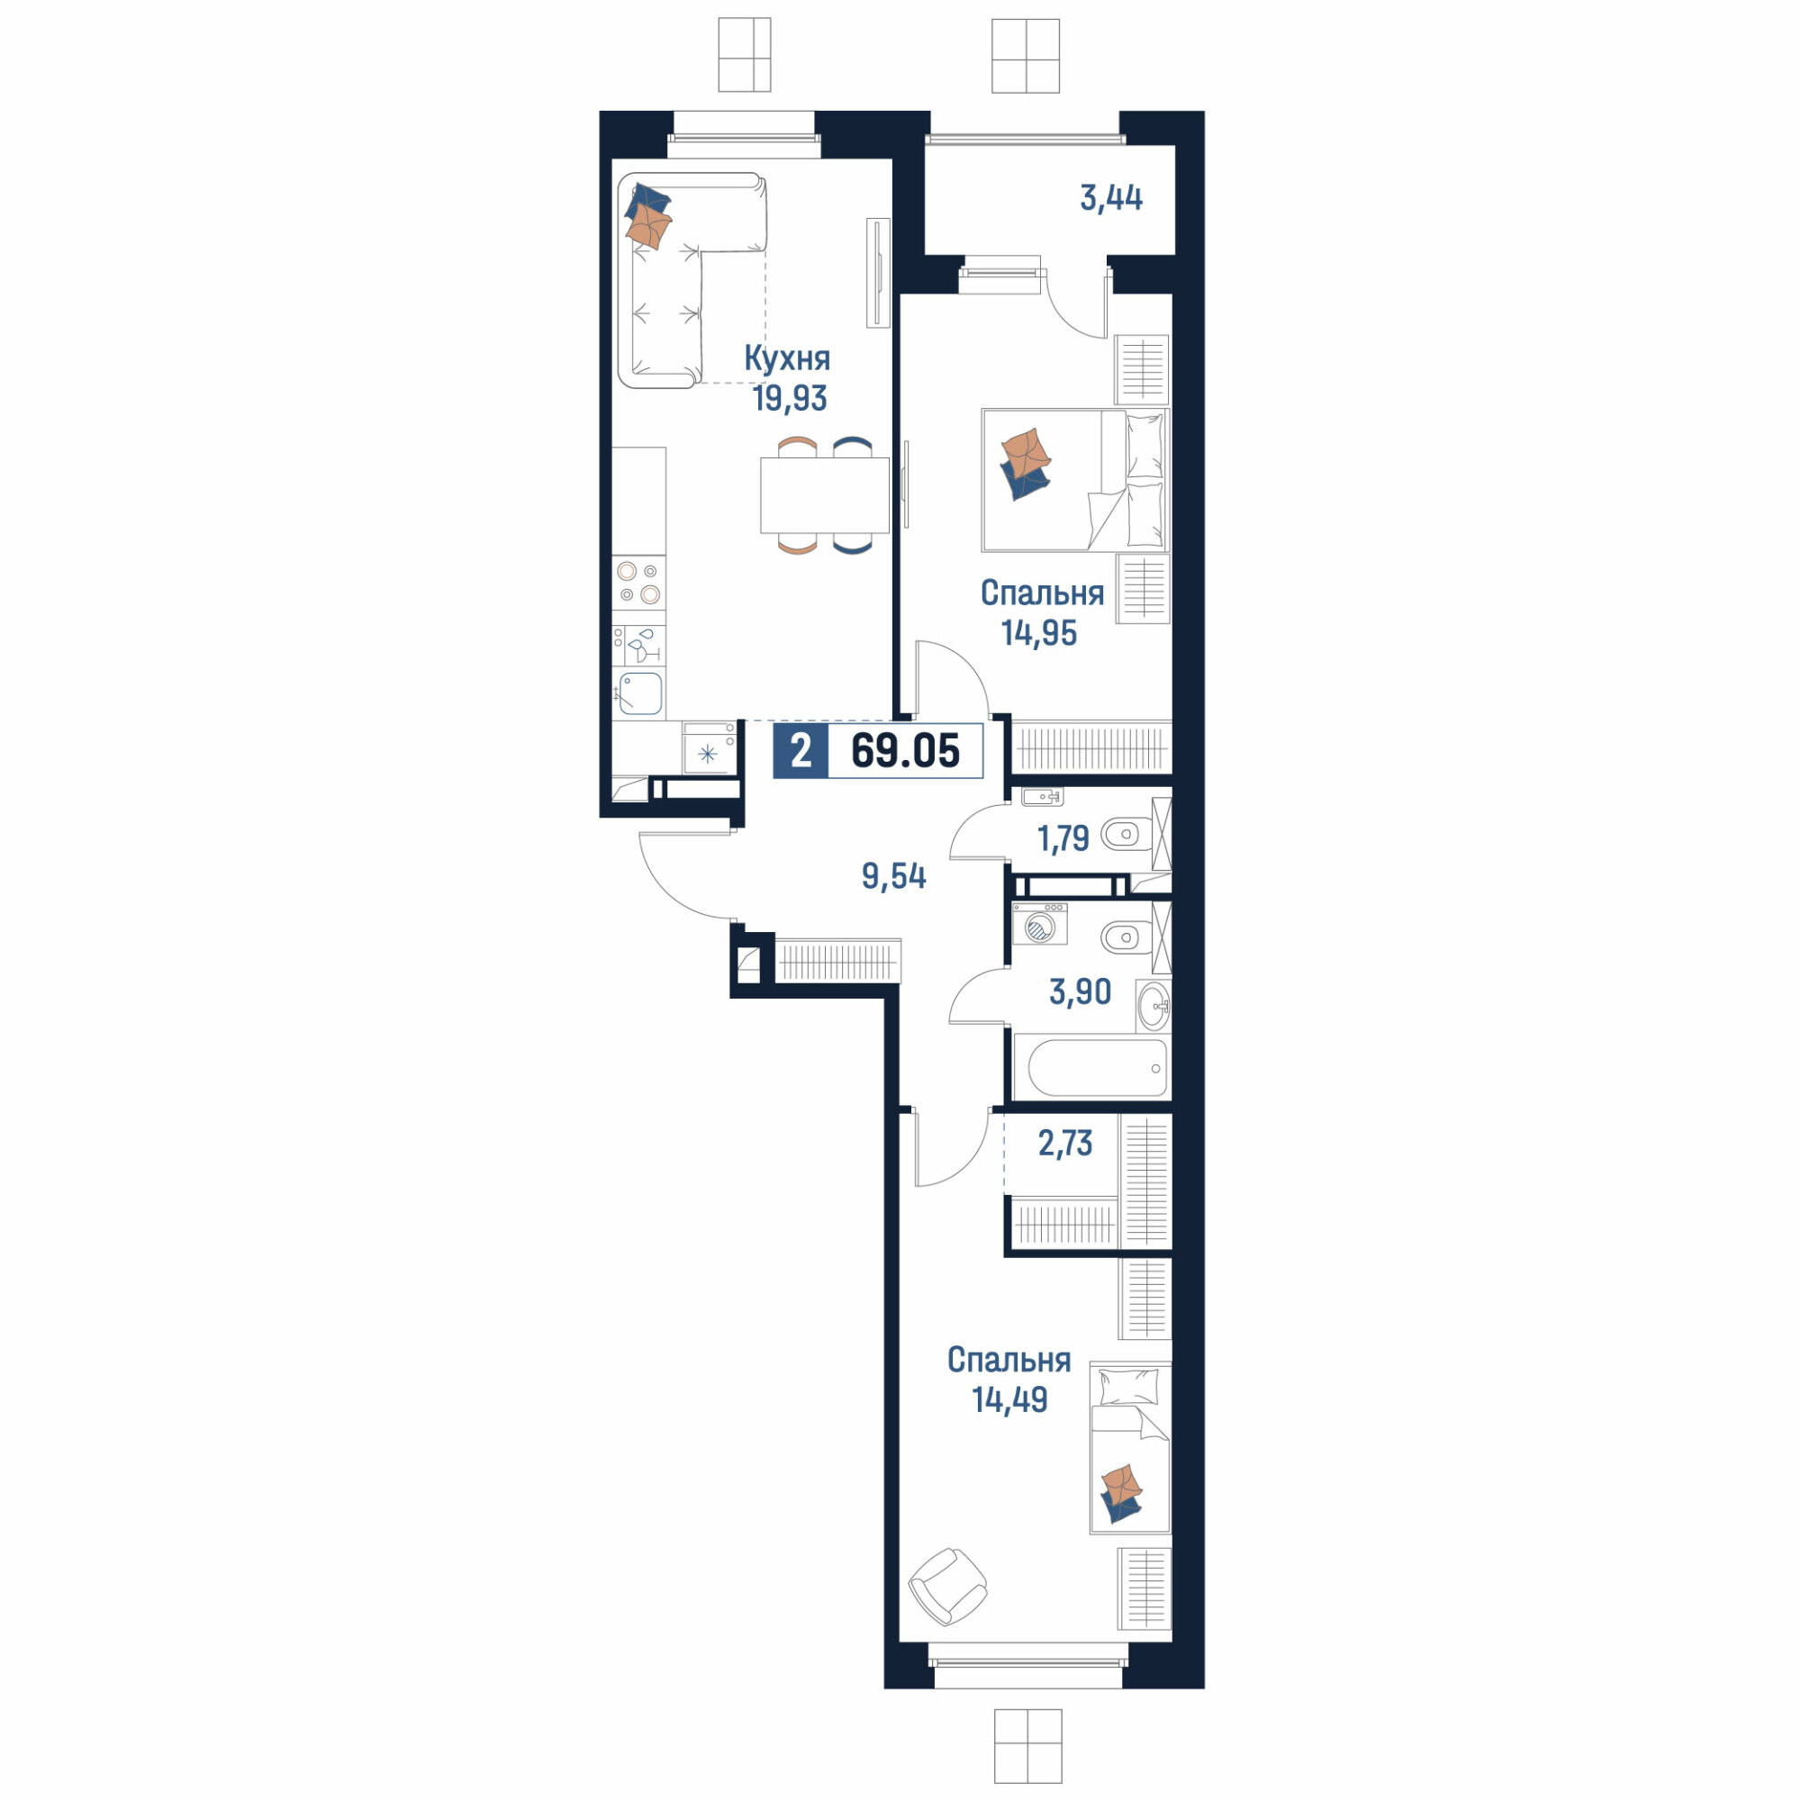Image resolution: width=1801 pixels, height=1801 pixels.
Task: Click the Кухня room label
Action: (787, 359)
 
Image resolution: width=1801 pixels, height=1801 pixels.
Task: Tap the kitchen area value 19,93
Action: (790, 399)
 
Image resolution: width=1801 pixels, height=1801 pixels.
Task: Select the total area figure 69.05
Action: (904, 751)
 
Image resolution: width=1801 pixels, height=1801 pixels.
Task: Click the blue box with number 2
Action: (800, 751)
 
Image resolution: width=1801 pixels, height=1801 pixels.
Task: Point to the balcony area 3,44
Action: (1111, 198)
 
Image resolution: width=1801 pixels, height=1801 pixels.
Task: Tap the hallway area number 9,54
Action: (894, 877)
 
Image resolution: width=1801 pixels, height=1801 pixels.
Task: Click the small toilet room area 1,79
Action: (1063, 839)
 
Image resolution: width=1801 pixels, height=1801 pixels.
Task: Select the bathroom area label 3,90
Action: (1081, 991)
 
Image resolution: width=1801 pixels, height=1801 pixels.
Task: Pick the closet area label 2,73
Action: (1065, 1143)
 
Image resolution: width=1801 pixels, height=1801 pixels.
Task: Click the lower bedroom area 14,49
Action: (1009, 1400)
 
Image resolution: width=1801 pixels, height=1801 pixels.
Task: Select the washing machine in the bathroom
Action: (1040, 924)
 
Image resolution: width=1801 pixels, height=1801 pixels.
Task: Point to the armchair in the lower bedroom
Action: (948, 1587)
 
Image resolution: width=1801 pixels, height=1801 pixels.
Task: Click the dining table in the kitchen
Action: (824, 495)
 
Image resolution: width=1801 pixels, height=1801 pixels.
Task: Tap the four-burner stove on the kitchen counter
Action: (638, 583)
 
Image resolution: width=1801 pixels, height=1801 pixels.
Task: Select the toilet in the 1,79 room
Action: (1124, 835)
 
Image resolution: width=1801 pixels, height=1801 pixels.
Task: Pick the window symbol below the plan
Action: (1027, 1745)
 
